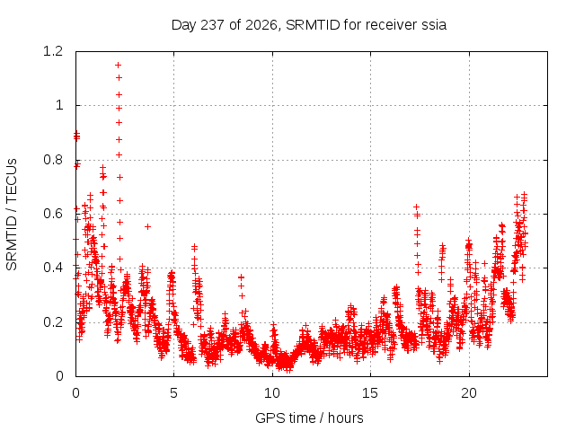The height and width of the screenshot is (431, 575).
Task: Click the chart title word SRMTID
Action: (x=313, y=25)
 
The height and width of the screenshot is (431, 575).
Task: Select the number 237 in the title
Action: (x=213, y=25)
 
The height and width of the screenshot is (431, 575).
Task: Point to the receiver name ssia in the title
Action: (x=434, y=25)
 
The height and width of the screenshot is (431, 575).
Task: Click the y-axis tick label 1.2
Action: (x=53, y=51)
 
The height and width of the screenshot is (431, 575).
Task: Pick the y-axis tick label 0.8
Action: (x=53, y=160)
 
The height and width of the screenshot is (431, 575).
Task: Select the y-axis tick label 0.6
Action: (x=53, y=214)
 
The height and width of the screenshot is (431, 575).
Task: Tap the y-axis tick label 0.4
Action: (x=53, y=268)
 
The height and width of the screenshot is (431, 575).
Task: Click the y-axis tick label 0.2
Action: (x=53, y=322)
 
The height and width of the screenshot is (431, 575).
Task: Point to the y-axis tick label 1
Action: (x=59, y=105)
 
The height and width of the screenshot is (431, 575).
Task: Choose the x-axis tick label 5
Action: (x=173, y=393)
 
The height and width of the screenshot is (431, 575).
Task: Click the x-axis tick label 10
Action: (x=272, y=393)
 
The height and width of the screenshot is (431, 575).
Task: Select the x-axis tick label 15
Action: (x=370, y=393)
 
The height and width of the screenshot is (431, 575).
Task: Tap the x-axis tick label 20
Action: (x=469, y=393)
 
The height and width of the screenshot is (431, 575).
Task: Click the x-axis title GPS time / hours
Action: (x=309, y=418)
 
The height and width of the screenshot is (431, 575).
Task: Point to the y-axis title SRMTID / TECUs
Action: (x=12, y=215)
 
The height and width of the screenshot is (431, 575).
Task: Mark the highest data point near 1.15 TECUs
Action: (x=118, y=66)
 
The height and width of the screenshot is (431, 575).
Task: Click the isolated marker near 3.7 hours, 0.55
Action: (x=147, y=227)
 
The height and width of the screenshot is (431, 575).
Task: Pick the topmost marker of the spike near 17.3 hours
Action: (x=416, y=207)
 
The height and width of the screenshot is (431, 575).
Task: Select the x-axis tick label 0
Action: (x=75, y=393)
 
